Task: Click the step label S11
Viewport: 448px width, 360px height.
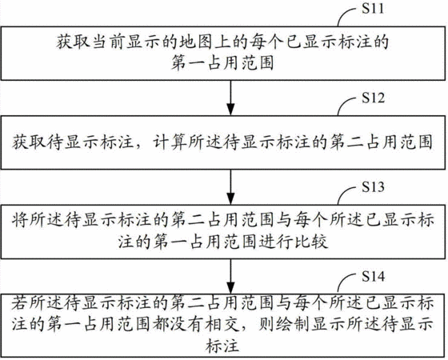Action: tap(373, 8)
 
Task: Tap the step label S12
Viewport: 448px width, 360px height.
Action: tap(373, 98)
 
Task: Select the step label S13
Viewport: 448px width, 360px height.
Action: tap(373, 187)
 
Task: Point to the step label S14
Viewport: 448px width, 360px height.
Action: tap(373, 276)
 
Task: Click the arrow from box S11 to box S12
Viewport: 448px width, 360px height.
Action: tap(230, 98)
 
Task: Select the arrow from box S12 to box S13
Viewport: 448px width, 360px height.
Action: tap(230, 187)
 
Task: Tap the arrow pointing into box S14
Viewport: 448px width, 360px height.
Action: tap(230, 276)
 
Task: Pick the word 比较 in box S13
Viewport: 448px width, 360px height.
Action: tap(310, 242)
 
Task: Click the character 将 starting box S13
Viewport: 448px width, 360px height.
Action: tap(20, 220)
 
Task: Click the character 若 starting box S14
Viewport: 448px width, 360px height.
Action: tap(20, 303)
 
